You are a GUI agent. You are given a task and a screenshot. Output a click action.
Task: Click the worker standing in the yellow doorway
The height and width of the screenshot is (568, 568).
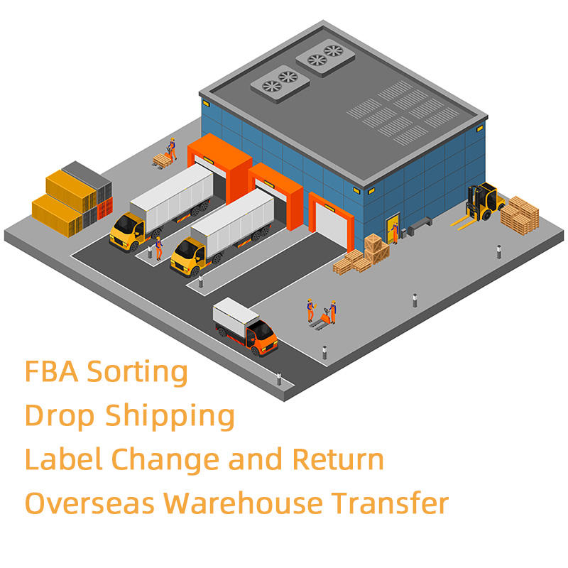[393, 231]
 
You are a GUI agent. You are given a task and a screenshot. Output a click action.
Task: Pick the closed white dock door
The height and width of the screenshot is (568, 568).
[330, 224]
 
